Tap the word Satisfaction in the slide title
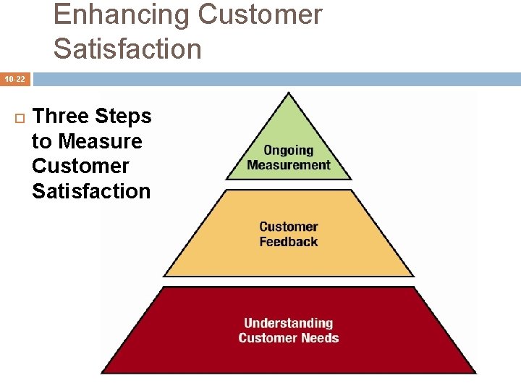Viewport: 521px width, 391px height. (127, 49)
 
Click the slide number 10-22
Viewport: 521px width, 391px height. (15, 79)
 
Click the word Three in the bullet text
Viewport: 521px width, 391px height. (62, 117)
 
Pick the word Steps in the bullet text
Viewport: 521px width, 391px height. (124, 117)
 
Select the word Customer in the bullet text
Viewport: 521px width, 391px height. (80, 166)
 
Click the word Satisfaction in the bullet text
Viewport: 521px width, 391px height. (91, 191)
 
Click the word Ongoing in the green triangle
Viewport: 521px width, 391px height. (288, 151)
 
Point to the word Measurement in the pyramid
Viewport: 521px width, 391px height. (288, 164)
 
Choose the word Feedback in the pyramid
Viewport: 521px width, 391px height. (288, 242)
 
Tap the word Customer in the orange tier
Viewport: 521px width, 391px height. (288, 227)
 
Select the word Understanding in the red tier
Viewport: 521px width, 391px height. (288, 324)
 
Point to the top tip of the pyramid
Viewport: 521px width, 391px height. (289, 93)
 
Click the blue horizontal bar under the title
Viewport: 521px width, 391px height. (275, 79)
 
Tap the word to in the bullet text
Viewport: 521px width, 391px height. (41, 141)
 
